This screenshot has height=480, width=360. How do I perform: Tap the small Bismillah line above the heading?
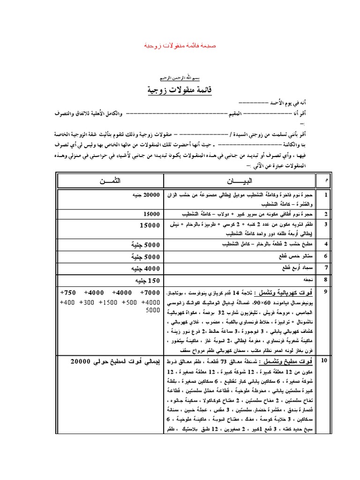(180, 77)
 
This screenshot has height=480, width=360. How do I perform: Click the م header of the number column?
(345, 180)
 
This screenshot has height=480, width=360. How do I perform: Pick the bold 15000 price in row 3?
(150, 225)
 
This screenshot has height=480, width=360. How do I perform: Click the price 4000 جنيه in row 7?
(145, 269)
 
